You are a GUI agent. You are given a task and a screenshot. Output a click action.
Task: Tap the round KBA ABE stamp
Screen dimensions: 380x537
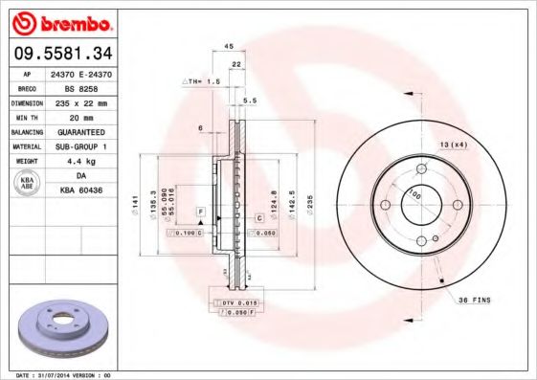click(27, 183)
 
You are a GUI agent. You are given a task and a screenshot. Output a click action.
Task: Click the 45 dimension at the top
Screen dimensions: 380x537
click(229, 46)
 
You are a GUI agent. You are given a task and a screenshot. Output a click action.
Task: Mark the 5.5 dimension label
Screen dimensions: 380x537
click(251, 100)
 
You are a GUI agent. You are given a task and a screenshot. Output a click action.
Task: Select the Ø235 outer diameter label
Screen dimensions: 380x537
click(309, 202)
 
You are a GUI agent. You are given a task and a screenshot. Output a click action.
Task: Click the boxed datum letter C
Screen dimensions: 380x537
click(258, 219)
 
